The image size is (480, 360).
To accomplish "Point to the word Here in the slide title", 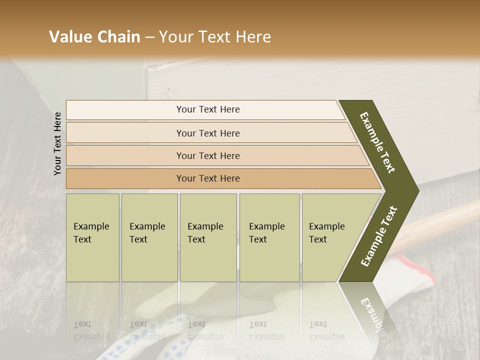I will point(253,37).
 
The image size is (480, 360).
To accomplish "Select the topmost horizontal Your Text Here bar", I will point(205,109).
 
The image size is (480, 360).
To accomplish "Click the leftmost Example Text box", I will point(92,237).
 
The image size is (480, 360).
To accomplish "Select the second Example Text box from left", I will point(149,237).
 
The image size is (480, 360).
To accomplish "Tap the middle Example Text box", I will point(208,237).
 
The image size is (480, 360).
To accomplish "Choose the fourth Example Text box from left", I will point(269,237).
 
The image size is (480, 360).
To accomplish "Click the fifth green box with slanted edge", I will point(330,237).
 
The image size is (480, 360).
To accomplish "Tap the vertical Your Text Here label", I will point(57,144).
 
